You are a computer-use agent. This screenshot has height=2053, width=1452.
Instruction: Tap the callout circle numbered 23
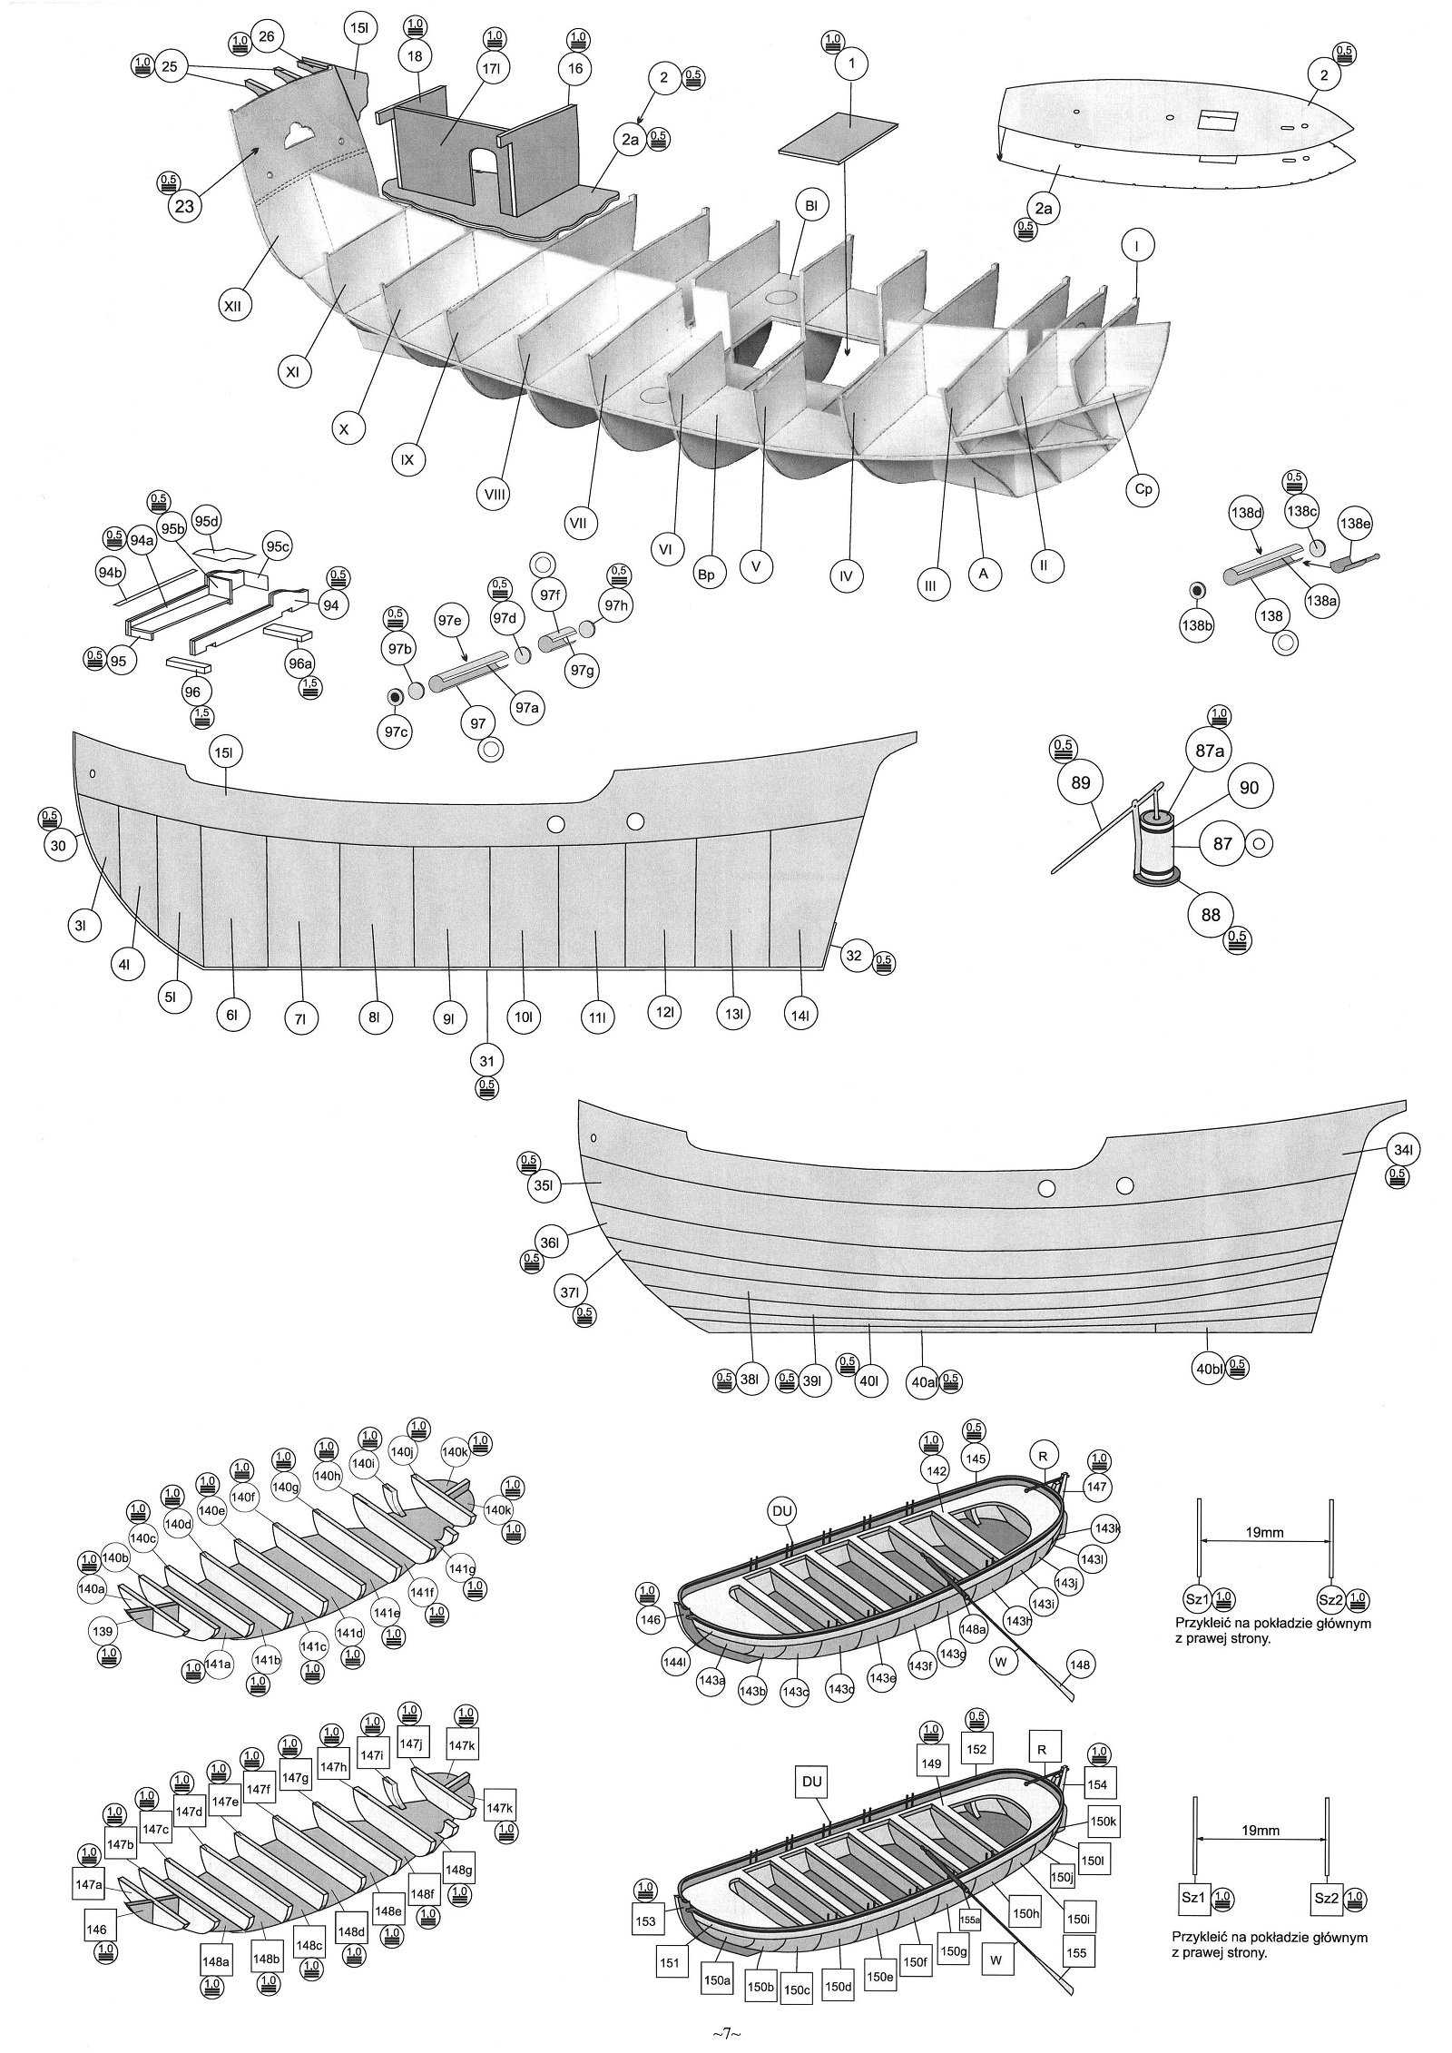coord(184,206)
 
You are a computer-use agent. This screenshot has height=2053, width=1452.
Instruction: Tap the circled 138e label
coord(1355,523)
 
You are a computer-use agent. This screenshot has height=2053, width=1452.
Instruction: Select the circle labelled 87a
coord(1210,751)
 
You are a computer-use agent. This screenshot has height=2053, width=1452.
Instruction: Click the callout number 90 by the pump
coord(1249,787)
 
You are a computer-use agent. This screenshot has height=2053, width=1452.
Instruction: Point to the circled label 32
coord(854,955)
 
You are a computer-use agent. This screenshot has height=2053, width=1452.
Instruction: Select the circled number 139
coord(103,1631)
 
